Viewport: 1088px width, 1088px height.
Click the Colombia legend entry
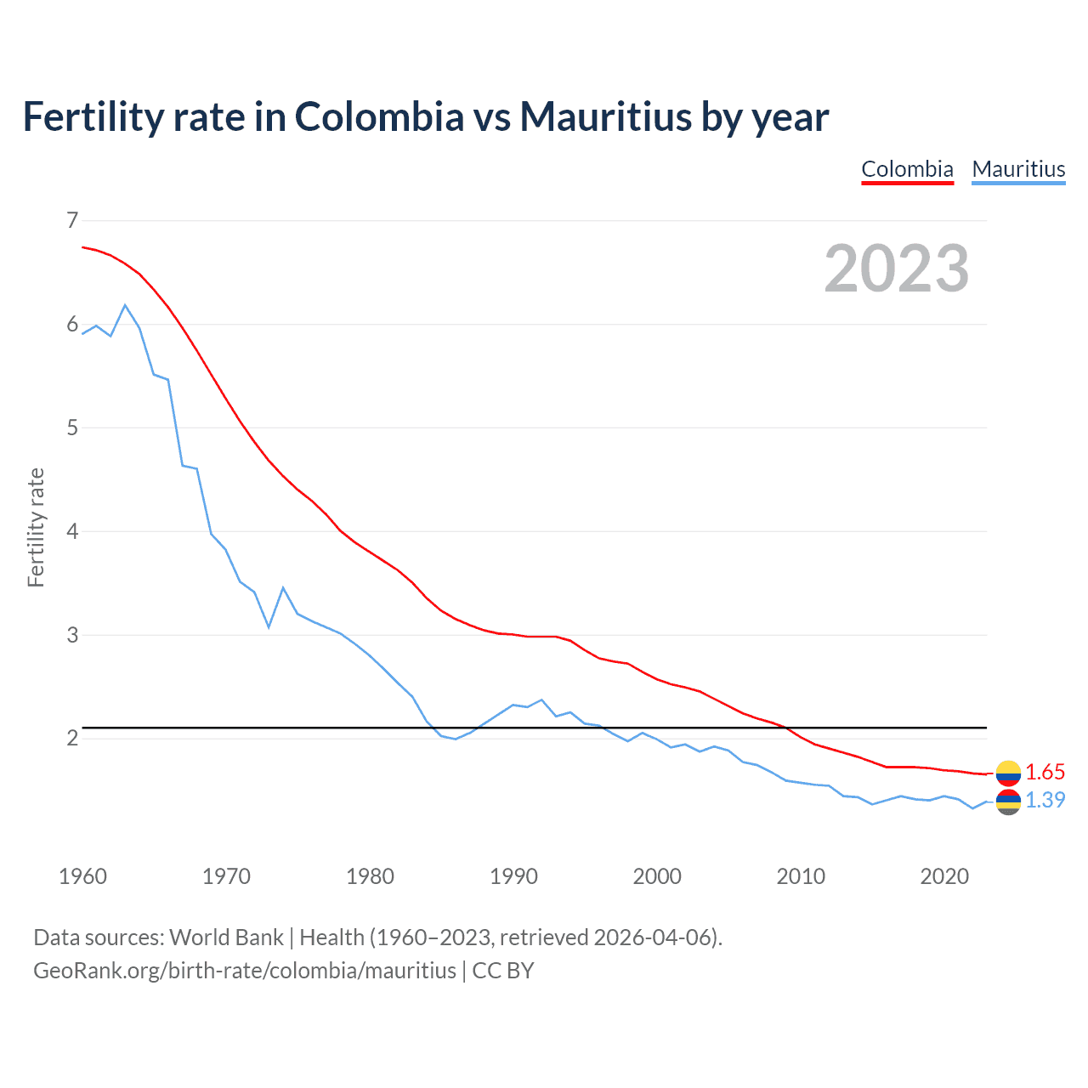(x=907, y=169)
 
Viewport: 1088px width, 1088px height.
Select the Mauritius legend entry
(x=1018, y=169)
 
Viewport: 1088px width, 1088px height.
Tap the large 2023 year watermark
(x=896, y=269)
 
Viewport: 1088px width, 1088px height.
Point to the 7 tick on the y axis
(x=72, y=221)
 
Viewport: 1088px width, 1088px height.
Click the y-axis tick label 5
(x=72, y=428)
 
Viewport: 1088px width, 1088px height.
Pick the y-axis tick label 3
(x=72, y=635)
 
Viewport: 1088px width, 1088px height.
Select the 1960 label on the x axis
(x=82, y=876)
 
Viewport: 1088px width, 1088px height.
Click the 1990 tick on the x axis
(x=513, y=876)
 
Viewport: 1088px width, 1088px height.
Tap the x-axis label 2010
(x=801, y=876)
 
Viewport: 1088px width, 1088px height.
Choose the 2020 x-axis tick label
(x=944, y=876)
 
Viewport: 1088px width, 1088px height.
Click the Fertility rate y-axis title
(x=36, y=527)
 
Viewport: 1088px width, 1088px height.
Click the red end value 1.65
(x=1045, y=772)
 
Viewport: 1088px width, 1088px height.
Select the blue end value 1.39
(x=1045, y=800)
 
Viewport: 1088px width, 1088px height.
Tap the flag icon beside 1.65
(x=1008, y=772)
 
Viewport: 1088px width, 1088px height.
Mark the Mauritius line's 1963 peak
(x=125, y=305)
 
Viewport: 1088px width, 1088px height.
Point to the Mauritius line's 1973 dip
(x=269, y=627)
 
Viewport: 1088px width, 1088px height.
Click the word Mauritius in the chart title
(x=605, y=116)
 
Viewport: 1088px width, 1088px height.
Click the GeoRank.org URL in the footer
(x=245, y=971)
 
